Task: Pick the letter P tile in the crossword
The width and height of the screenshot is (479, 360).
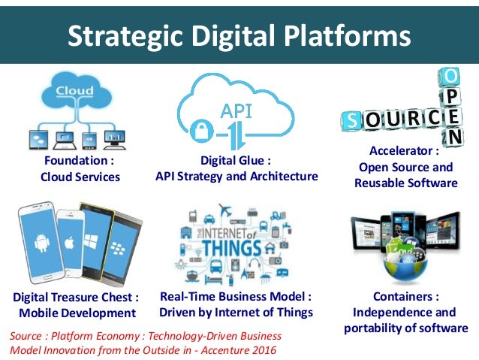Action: (x=452, y=98)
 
